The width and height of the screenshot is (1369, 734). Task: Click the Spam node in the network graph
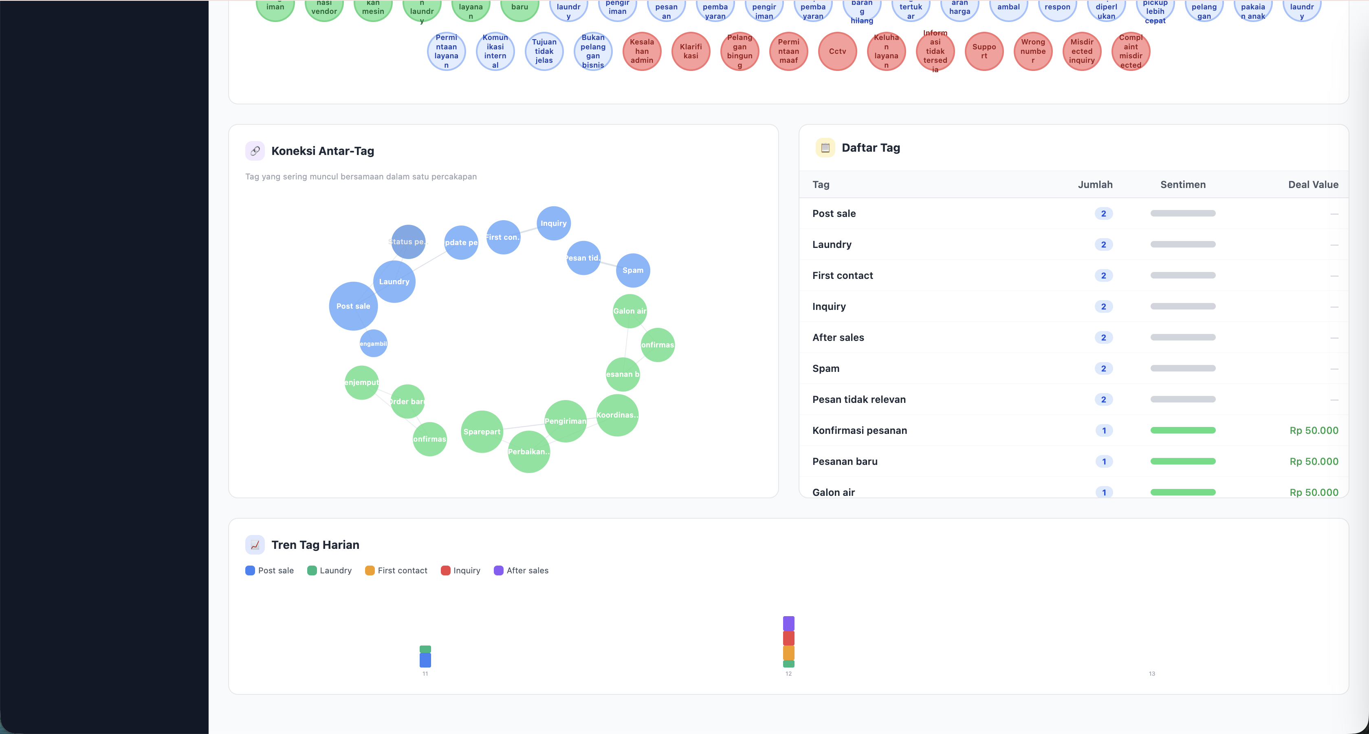point(632,270)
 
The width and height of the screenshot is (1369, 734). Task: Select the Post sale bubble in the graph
point(353,306)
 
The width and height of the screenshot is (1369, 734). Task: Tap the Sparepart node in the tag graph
point(482,431)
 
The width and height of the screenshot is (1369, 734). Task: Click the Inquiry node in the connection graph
point(553,223)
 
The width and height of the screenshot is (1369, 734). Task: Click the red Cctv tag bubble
point(837,51)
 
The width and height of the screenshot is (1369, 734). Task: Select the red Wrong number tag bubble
point(1032,51)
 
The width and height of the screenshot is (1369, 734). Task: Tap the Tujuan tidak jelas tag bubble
point(544,51)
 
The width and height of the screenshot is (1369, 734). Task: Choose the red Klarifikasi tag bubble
point(690,51)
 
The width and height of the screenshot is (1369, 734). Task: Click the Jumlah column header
point(1095,185)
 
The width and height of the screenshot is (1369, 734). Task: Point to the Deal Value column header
point(1313,185)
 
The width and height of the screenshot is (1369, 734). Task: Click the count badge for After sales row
point(1103,337)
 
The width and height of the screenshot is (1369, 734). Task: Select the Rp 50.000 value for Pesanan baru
point(1313,461)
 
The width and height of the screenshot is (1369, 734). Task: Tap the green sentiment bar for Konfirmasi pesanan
point(1182,430)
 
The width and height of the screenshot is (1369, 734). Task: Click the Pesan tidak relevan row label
point(859,400)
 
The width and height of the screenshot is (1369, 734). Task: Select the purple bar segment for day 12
point(788,623)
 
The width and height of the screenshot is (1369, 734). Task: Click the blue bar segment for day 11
point(425,660)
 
